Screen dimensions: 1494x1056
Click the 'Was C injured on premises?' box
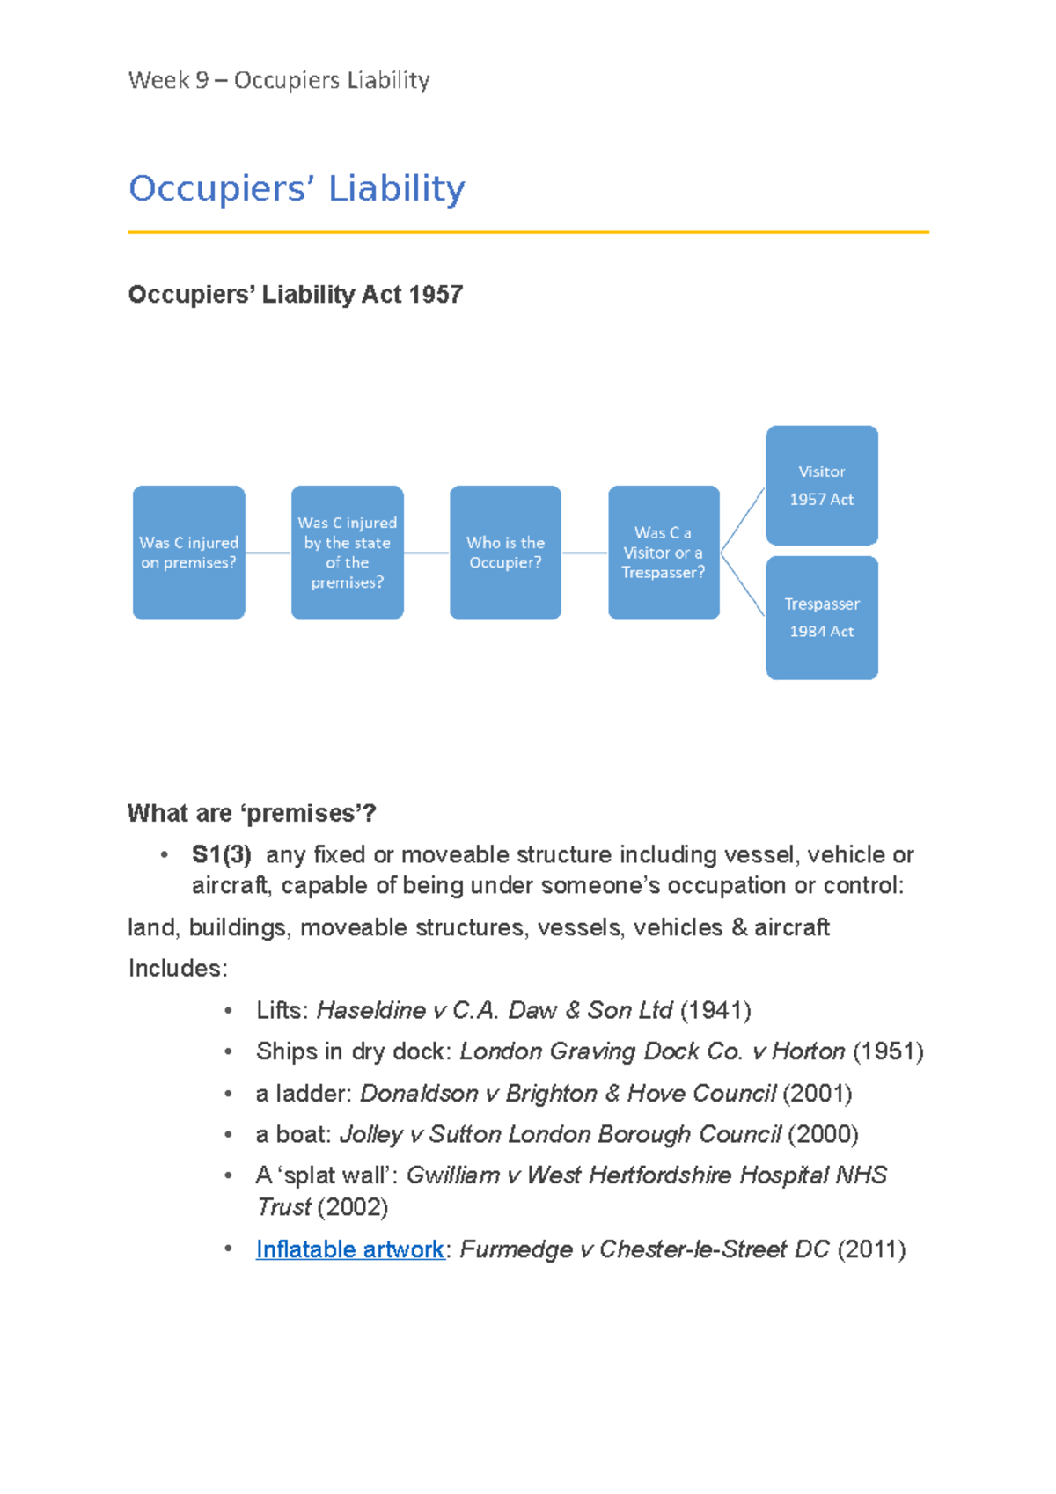tap(188, 553)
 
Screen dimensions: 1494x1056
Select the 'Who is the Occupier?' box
tap(505, 553)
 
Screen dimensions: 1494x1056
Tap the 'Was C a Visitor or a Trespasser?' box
tap(664, 553)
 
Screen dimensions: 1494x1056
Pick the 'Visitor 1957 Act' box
tap(821, 485)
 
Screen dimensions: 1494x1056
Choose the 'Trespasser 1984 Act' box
tap(821, 618)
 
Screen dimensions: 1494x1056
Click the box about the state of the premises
tap(347, 553)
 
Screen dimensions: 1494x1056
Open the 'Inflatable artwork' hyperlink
tap(349, 1249)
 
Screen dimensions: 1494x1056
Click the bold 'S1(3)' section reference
tap(222, 854)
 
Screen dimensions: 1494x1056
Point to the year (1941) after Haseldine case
tap(715, 1010)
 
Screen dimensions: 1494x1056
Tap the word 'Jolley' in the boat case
tap(370, 1134)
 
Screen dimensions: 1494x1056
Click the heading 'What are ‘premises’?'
tap(252, 813)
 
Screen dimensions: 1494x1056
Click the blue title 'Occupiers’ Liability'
tap(297, 188)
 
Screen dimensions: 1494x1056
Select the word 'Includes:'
tap(178, 969)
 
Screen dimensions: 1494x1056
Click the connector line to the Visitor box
tap(743, 520)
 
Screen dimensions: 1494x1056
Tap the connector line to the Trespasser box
tap(743, 584)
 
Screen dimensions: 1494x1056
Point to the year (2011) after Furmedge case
tap(871, 1249)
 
